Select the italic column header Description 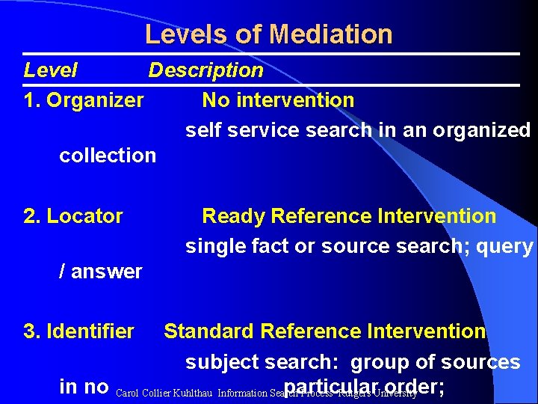(x=205, y=70)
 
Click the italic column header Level (x=50, y=70)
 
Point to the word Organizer (x=95, y=100)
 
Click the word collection (x=108, y=156)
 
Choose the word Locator (x=84, y=216)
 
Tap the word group (x=382, y=362)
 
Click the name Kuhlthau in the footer (x=191, y=392)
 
